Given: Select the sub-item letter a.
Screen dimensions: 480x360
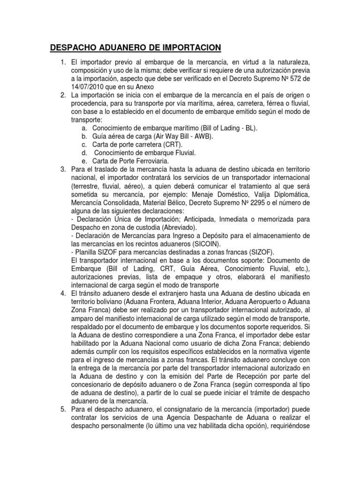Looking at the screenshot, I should (x=84, y=128).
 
